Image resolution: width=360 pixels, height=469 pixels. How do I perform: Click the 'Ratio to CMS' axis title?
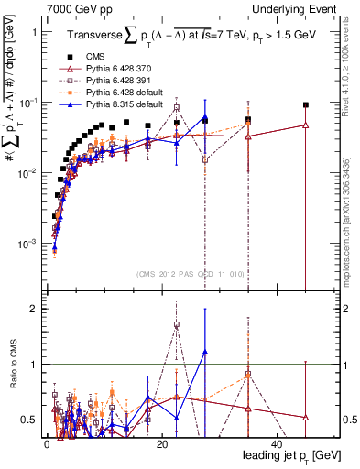point(12,365)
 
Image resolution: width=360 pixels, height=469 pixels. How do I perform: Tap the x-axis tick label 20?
point(162,444)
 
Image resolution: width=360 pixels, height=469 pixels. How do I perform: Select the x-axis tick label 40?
point(277,444)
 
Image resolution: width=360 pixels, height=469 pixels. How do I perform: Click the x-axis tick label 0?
point(48,444)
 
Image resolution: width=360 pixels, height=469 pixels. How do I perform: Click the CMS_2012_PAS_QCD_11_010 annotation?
point(189,274)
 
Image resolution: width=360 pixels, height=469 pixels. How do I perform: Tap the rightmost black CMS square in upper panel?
point(306,105)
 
